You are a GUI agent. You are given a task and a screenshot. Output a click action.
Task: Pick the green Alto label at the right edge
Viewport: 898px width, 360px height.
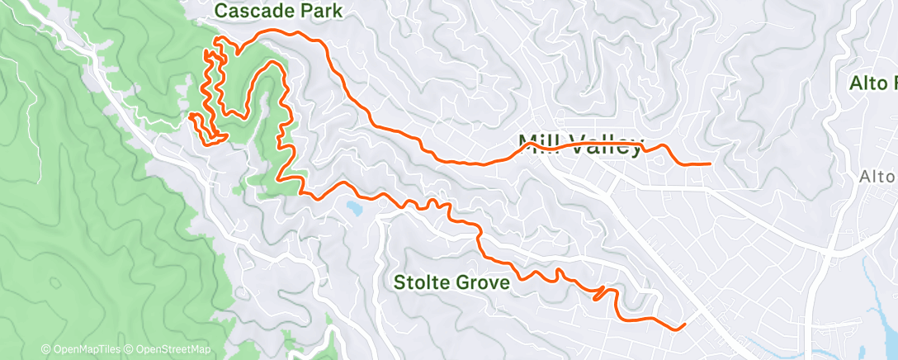(873, 83)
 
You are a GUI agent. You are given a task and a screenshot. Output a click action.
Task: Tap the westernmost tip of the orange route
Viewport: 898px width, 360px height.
(191, 116)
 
